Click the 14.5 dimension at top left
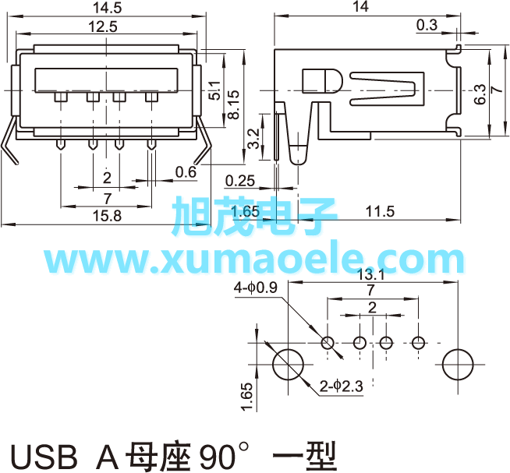[x=107, y=8]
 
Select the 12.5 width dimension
[x=103, y=26]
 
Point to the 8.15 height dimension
[x=233, y=104]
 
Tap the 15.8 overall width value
[x=107, y=216]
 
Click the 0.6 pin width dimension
[x=186, y=172]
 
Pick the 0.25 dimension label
[x=240, y=181]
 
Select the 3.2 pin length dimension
[x=253, y=139]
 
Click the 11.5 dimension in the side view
[x=380, y=211]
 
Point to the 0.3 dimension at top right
[x=427, y=25]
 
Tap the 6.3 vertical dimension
[x=480, y=94]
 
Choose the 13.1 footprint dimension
[x=370, y=275]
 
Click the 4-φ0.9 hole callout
[x=256, y=288]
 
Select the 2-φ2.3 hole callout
[x=341, y=387]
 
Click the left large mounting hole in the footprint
[x=289, y=365]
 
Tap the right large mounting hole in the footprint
[x=458, y=365]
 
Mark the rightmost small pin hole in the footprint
[x=418, y=343]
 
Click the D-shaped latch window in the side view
[x=322, y=81]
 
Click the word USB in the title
[x=44, y=457]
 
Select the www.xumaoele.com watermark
[x=254, y=260]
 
